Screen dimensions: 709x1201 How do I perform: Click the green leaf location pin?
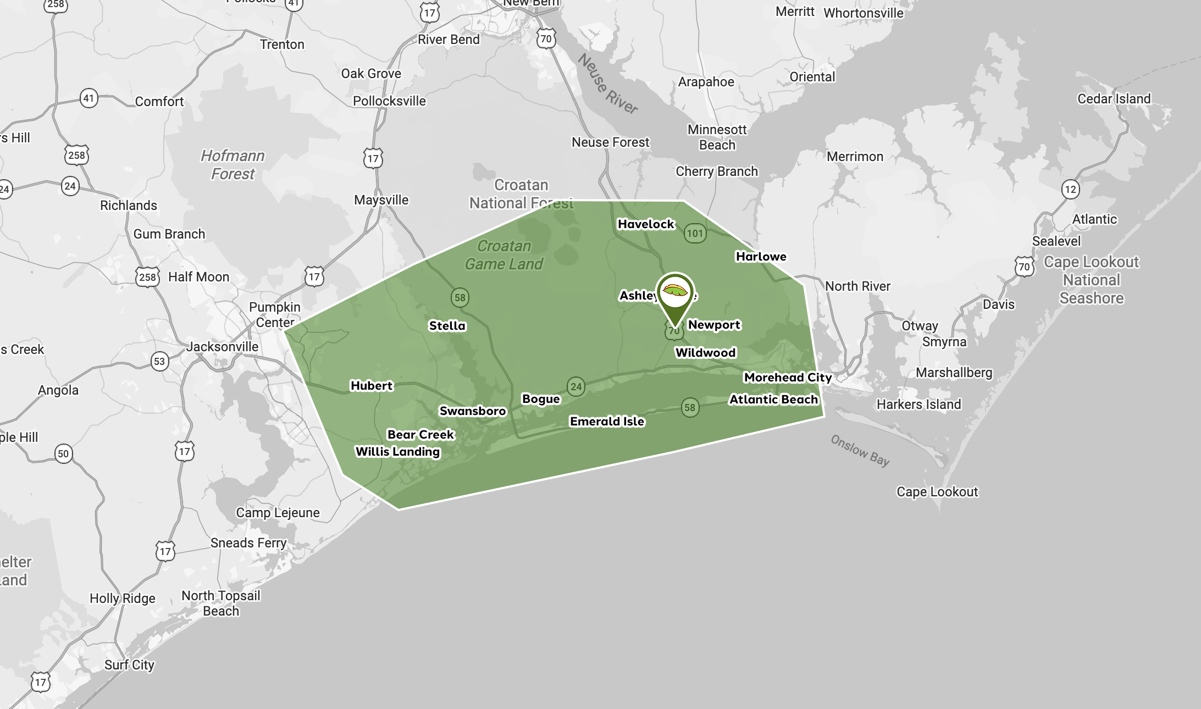pos(675,294)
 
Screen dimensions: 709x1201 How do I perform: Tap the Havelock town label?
pos(646,224)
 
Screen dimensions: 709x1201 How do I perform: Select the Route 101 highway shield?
pos(695,234)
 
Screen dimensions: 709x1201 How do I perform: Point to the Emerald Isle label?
pos(607,422)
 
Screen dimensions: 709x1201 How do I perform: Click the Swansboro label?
pos(473,411)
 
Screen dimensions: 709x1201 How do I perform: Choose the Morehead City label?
pos(788,378)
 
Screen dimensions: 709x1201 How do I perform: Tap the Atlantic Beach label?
pos(773,400)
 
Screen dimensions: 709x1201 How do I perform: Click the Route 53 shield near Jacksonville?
pos(159,362)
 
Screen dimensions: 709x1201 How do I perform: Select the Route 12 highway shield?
pos(1070,190)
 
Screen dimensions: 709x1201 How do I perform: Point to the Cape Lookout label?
pos(937,492)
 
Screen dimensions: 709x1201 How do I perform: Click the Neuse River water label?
pos(607,84)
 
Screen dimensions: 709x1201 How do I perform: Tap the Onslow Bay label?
pos(860,450)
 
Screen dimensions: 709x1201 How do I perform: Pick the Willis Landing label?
pos(398,452)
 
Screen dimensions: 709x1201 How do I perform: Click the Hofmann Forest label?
pos(233,165)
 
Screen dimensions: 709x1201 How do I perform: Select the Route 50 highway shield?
pos(63,454)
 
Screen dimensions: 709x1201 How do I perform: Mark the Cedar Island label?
pos(1114,99)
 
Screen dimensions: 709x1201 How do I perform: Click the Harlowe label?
pos(761,257)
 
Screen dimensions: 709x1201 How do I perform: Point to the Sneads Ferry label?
pos(248,543)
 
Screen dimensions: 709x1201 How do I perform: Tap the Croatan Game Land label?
pos(504,255)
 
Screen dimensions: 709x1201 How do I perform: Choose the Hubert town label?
pos(372,386)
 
